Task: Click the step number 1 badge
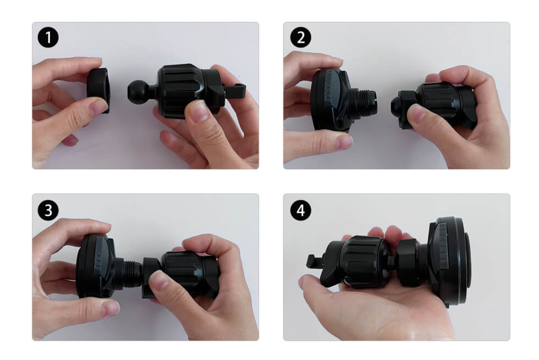48,38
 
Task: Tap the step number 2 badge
300,38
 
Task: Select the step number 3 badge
48,210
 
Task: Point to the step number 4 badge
300,210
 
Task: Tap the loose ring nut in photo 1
100,90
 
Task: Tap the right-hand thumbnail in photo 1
199,110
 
